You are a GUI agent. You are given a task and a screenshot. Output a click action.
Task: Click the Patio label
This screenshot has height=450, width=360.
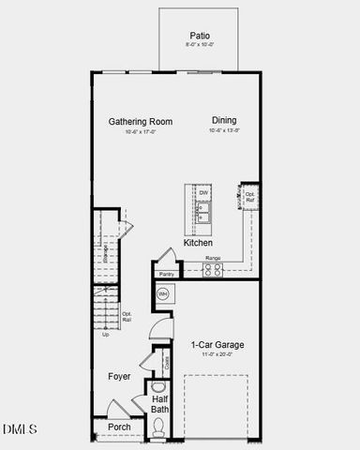click(x=198, y=34)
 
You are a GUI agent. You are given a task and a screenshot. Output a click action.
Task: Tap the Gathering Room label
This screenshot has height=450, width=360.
click(x=142, y=122)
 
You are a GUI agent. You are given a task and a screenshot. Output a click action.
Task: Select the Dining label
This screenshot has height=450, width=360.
click(x=224, y=121)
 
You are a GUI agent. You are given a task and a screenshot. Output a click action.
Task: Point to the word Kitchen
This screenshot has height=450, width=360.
click(x=198, y=243)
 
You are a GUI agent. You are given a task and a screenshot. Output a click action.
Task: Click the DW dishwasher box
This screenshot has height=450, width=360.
click(x=203, y=193)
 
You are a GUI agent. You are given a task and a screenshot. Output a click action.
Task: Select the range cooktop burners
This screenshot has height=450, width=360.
click(x=214, y=269)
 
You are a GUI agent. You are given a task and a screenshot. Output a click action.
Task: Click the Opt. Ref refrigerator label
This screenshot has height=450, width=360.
click(x=250, y=198)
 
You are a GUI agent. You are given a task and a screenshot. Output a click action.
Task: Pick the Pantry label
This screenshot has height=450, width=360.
click(x=166, y=274)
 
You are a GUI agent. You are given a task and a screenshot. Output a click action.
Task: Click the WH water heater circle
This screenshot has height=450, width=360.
click(x=162, y=294)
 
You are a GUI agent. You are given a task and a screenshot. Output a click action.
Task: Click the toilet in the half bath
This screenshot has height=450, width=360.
click(x=157, y=428)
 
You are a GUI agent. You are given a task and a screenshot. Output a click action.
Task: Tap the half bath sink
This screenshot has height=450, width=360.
click(x=157, y=386)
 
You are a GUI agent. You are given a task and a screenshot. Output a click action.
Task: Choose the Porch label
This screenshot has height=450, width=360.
click(x=119, y=427)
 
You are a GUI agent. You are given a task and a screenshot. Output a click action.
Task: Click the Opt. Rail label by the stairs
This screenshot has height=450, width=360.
click(x=127, y=317)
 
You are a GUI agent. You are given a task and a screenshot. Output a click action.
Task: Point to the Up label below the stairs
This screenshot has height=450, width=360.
click(x=105, y=335)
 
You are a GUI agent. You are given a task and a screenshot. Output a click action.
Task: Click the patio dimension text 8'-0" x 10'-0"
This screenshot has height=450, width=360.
click(x=198, y=44)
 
